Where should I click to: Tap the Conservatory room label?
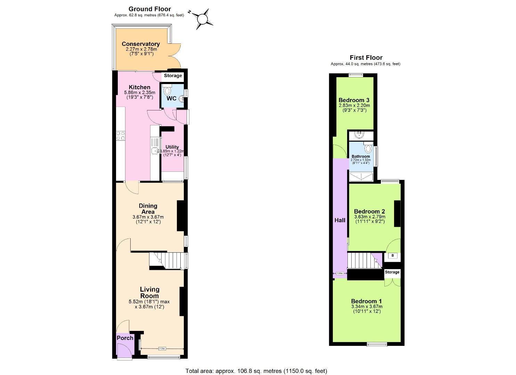tap(141, 44)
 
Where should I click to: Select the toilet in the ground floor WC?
tap(167, 91)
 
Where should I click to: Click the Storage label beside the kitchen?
tap(173, 76)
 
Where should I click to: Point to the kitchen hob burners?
tap(121, 135)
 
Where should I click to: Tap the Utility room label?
tap(172, 147)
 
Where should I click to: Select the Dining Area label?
tap(148, 209)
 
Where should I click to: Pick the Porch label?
tap(125, 338)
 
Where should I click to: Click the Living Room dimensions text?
tap(149, 304)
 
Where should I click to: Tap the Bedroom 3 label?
tap(354, 100)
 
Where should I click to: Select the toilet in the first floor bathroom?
tap(369, 149)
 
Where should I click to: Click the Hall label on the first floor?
tap(340, 220)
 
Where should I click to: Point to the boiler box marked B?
tap(393, 256)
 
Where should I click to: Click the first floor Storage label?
tap(392, 272)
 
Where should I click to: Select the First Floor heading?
tap(366, 58)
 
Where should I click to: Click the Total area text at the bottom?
tap(256, 371)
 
